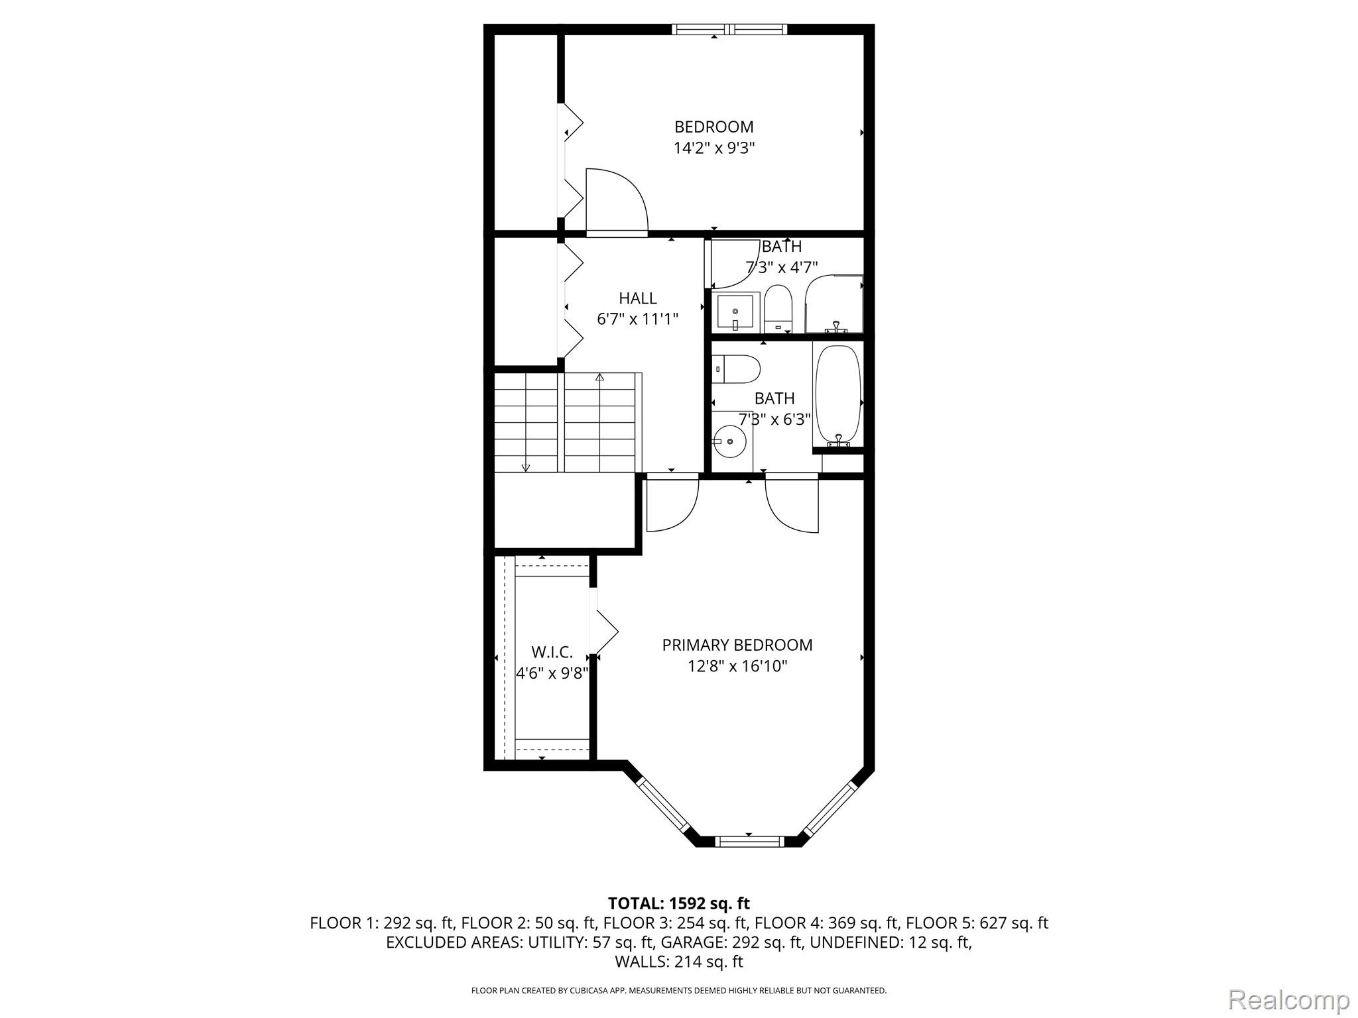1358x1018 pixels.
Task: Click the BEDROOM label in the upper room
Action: pyautogui.click(x=714, y=127)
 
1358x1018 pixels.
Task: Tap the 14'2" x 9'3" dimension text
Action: pyautogui.click(x=714, y=148)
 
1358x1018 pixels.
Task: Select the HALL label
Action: pyautogui.click(x=638, y=298)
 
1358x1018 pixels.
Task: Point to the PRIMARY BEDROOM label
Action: pyautogui.click(x=737, y=645)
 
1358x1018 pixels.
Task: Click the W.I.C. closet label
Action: pyautogui.click(x=552, y=652)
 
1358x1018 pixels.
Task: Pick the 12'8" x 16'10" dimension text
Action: pyautogui.click(x=737, y=666)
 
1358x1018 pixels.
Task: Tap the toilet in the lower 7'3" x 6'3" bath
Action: pyautogui.click(x=735, y=369)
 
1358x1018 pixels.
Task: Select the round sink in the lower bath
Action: pyautogui.click(x=729, y=441)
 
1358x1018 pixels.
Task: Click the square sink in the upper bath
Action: pyautogui.click(x=735, y=312)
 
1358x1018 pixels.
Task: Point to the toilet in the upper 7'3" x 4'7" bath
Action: pyautogui.click(x=778, y=309)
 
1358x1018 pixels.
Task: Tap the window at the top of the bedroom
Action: pyautogui.click(x=729, y=29)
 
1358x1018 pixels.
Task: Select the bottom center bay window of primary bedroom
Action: pyautogui.click(x=751, y=842)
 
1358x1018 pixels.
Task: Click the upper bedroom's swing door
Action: pyautogui.click(x=617, y=202)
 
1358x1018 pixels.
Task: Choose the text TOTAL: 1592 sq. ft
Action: pyautogui.click(x=679, y=903)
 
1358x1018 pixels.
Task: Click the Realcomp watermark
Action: pyautogui.click(x=1289, y=999)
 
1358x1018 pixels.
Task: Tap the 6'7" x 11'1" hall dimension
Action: pyautogui.click(x=638, y=319)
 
